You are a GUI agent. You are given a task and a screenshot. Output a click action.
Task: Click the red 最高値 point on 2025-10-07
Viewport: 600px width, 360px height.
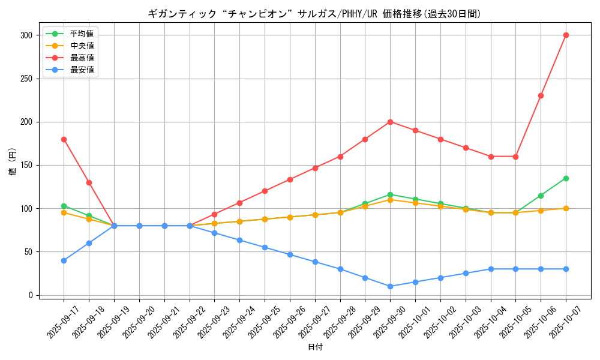click(566, 35)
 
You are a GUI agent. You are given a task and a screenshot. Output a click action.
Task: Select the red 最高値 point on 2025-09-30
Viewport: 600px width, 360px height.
click(390, 122)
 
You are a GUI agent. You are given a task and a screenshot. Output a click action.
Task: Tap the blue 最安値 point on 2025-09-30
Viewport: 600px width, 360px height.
click(390, 286)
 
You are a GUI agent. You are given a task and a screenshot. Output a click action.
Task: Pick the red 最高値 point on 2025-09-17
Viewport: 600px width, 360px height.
click(64, 139)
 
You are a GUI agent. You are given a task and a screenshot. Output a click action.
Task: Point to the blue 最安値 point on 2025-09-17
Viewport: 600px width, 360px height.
click(64, 260)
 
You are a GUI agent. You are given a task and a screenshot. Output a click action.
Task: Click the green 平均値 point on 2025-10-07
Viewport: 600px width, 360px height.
click(566, 178)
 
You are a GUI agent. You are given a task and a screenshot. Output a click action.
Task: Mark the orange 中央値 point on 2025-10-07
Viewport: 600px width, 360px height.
click(566, 208)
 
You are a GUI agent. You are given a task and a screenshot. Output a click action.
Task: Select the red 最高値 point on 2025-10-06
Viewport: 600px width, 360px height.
click(541, 96)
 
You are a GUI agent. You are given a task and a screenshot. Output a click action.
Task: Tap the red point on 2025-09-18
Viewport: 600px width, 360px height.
click(89, 182)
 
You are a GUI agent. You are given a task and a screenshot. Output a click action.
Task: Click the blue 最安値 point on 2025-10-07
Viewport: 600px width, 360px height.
click(566, 269)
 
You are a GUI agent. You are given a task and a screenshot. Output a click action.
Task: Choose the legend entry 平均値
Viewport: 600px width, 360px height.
click(82, 34)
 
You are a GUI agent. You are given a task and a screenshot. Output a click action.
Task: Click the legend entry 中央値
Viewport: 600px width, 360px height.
click(82, 46)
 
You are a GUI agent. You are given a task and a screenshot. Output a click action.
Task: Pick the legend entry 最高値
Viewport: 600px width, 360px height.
click(82, 58)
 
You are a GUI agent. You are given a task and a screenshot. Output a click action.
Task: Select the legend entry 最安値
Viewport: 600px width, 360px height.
click(82, 70)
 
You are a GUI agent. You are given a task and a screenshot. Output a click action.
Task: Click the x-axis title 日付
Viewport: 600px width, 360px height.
click(315, 347)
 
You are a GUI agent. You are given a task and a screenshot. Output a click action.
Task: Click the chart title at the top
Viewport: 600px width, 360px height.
click(315, 14)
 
